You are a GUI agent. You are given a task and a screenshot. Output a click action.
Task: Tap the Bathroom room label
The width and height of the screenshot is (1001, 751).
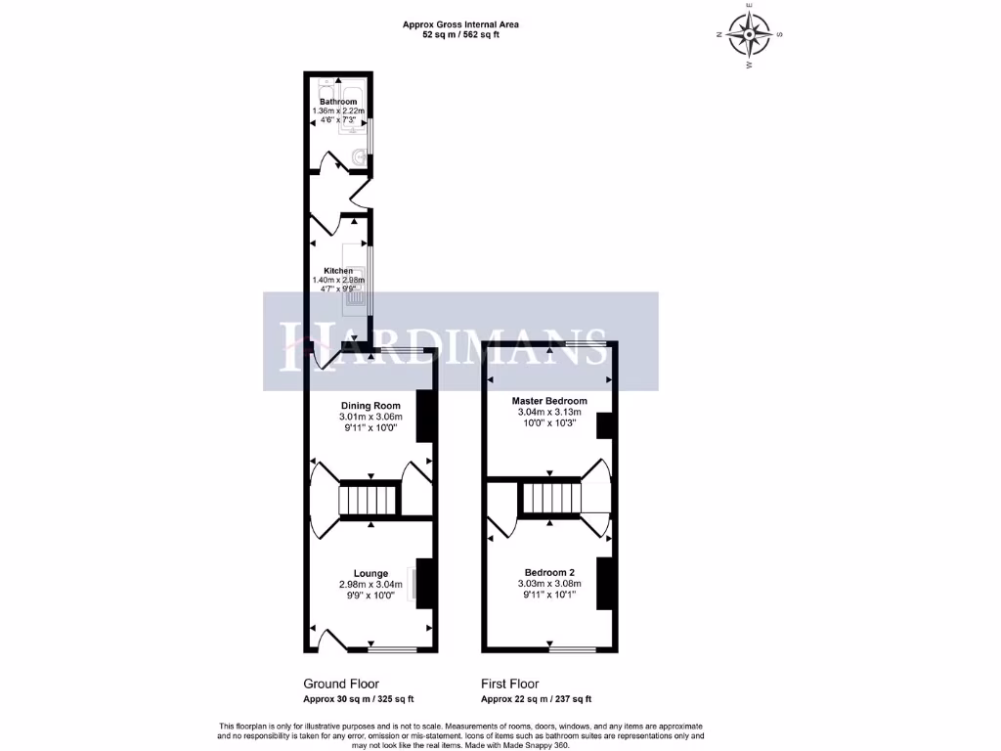coord(338,102)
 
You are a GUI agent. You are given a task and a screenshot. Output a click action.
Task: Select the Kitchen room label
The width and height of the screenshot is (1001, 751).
coord(338,271)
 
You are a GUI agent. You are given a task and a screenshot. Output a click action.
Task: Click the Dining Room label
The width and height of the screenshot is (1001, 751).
coord(370,406)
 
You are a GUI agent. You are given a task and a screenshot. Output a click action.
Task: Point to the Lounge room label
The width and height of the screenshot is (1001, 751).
coord(370,574)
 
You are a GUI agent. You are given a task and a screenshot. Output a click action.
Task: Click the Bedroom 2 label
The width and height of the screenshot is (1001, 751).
coord(549,572)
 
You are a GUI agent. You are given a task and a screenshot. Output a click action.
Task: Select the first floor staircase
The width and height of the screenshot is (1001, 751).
coord(550,500)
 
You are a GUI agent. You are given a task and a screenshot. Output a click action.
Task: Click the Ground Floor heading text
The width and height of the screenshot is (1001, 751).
coord(341,685)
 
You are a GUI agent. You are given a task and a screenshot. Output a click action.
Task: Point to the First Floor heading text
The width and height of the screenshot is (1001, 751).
coord(509,685)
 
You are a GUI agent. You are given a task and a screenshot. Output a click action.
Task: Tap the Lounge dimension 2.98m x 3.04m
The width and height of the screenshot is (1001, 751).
coord(370,586)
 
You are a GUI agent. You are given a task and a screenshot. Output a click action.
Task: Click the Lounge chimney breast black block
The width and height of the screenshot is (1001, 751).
coord(425,584)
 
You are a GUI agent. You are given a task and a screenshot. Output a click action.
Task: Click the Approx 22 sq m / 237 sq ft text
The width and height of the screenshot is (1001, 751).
coord(536,699)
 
